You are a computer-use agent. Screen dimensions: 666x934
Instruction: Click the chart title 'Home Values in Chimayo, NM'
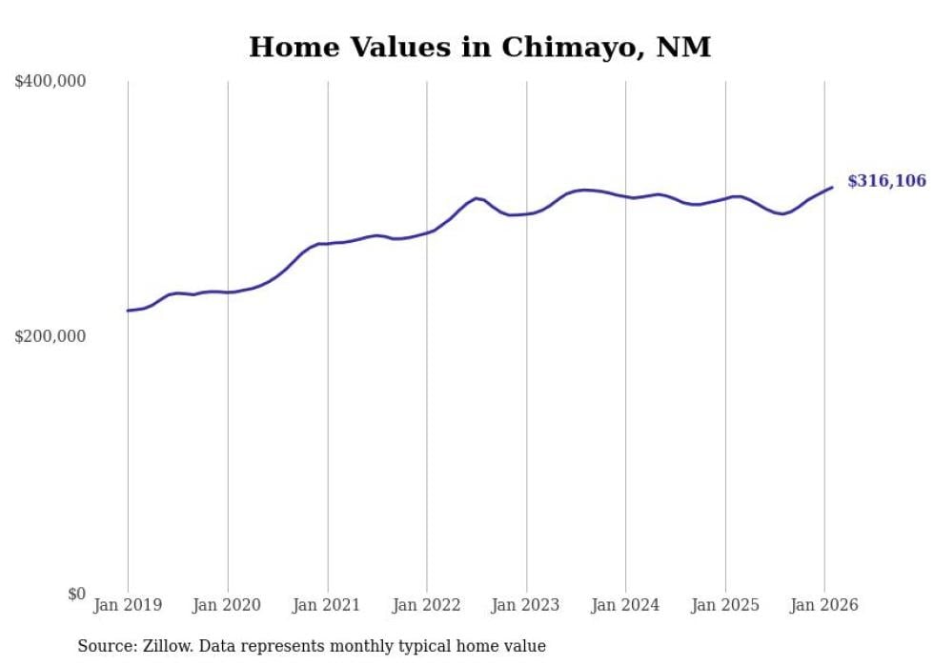coord(479,47)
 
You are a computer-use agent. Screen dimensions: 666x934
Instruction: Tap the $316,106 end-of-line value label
coord(885,181)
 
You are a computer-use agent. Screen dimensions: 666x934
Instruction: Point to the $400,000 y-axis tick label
coord(51,82)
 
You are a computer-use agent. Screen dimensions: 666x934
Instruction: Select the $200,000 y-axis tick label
coord(51,336)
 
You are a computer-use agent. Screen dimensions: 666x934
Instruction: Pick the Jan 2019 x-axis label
coord(128,605)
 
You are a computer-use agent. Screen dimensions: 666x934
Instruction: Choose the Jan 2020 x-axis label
coord(227,605)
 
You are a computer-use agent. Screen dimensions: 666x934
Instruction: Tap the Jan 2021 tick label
coord(327,605)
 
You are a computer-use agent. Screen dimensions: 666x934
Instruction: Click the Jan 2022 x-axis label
coord(426,605)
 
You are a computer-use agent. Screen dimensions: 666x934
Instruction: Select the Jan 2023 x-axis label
coord(526,605)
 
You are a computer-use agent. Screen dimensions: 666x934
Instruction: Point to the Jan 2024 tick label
coord(625,605)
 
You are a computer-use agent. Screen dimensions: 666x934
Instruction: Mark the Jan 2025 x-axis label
coord(725,605)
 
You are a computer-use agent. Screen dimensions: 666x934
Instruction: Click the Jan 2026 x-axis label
coord(824,605)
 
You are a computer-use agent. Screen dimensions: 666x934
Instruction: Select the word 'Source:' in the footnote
coord(107,646)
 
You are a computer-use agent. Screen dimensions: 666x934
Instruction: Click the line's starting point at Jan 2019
coord(128,311)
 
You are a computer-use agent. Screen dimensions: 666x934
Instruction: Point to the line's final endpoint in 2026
coord(832,187)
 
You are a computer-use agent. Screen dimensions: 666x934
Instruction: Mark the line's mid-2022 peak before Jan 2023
coord(477,198)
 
